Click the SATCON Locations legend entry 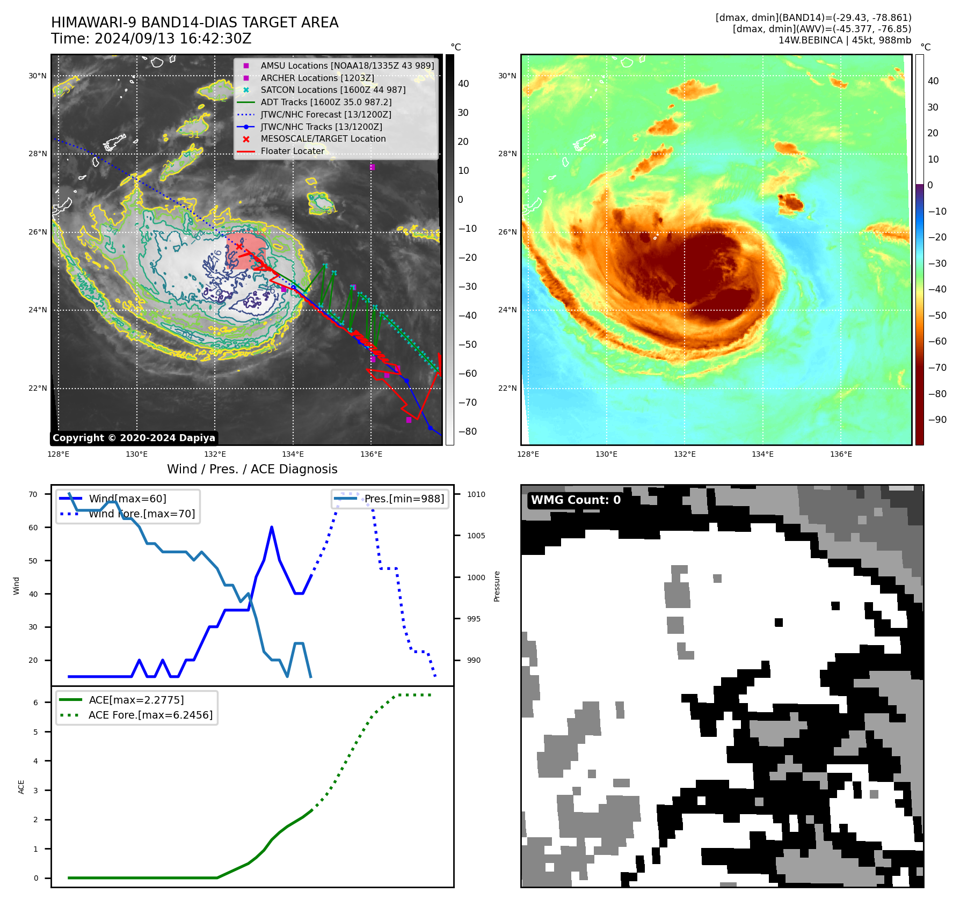333,90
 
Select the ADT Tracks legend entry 326,102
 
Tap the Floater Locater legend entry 292,151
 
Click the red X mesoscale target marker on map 239,246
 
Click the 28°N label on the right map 507,154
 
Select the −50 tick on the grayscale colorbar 467,345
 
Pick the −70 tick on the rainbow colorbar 937,368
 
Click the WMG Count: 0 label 576,500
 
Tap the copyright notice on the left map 134,438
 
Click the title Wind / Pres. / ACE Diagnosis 252,469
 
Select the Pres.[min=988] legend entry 404,499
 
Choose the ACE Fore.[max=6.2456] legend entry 150,715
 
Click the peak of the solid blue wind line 272,527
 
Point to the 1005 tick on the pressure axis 476,536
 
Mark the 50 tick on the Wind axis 33,561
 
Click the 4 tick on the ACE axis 35,761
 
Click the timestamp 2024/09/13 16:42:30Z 173,39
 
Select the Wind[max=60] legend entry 127,499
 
